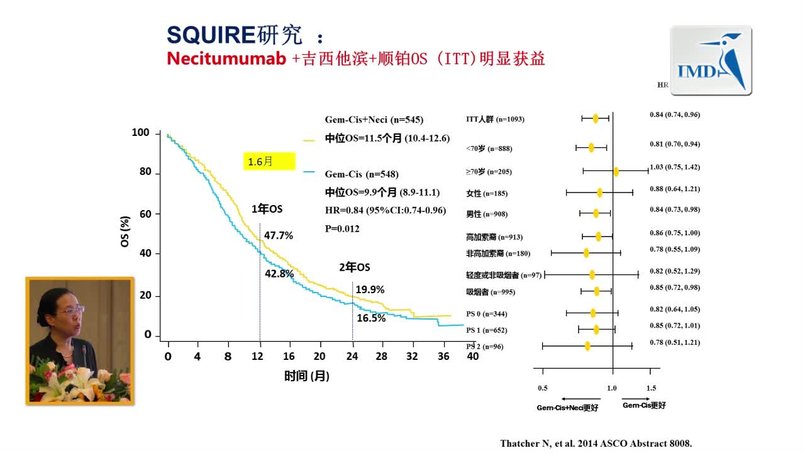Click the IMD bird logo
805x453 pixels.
click(711, 61)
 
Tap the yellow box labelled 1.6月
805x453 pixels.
click(269, 162)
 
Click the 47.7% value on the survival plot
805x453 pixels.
click(279, 235)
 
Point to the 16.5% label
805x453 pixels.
click(371, 318)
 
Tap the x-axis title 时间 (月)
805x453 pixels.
click(307, 376)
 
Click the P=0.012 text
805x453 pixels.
click(342, 228)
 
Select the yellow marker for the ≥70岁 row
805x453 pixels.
click(616, 171)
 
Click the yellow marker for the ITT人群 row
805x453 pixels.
click(595, 118)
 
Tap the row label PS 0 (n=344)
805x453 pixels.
click(486, 313)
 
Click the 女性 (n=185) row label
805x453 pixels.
click(486, 193)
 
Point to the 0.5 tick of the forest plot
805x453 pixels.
click(543, 388)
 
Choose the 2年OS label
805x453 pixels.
click(355, 267)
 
